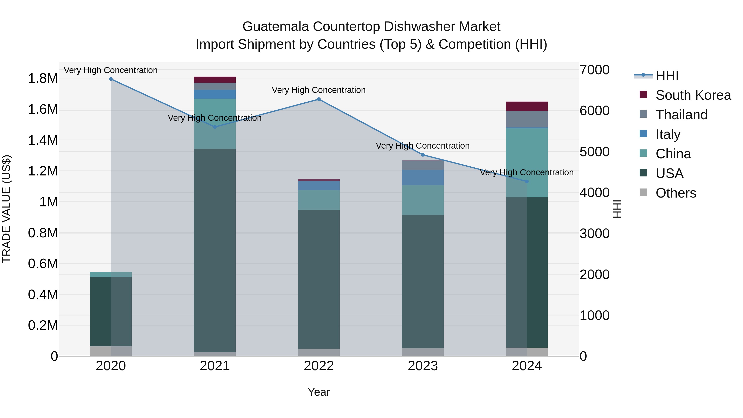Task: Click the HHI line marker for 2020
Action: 111,79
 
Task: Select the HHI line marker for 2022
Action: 319,99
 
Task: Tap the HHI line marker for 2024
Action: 527,181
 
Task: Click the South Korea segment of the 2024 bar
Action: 527,107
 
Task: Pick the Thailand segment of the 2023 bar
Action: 423,165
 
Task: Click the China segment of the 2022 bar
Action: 319,200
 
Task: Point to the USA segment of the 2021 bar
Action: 215,250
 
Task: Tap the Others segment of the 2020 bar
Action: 111,351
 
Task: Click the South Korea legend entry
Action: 693,95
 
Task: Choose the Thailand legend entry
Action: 681,115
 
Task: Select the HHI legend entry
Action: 667,76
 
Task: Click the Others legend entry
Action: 676,193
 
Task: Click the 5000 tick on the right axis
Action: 594,152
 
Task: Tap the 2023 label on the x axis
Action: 423,366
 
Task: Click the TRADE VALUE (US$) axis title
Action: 6,209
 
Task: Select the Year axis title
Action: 319,392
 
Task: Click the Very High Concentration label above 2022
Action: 319,90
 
